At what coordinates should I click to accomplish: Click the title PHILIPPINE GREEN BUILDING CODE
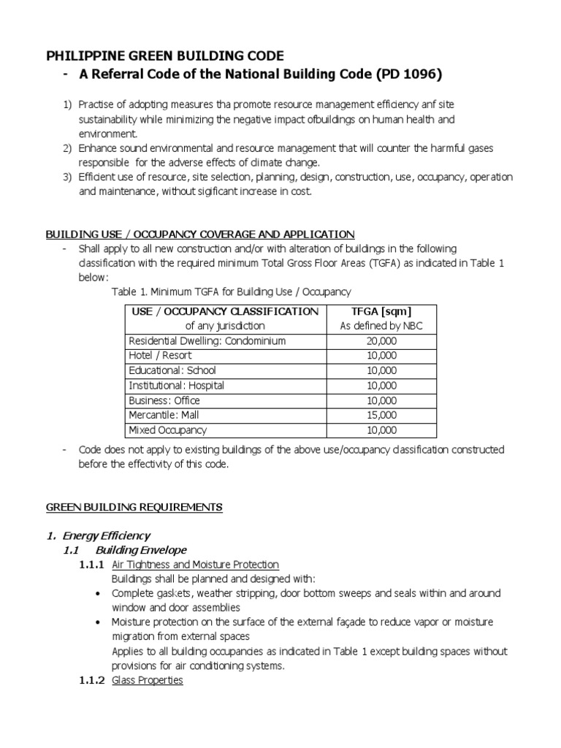click(x=165, y=56)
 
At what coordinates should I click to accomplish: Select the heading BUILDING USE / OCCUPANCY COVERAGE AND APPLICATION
click(x=200, y=234)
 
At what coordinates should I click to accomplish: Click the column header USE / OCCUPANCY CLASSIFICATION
click(x=224, y=312)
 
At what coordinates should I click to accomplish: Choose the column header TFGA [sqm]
click(x=381, y=312)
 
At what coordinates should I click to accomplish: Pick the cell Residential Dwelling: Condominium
click(x=207, y=341)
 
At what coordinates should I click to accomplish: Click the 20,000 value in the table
click(x=381, y=341)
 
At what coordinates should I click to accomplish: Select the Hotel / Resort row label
click(x=160, y=356)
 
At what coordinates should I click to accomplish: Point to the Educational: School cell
click(x=172, y=370)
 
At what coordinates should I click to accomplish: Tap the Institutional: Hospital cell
click(x=176, y=385)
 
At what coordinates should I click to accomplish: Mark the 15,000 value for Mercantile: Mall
click(x=381, y=415)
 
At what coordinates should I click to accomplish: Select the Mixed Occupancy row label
click(x=167, y=430)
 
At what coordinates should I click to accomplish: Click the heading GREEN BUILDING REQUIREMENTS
click(x=134, y=507)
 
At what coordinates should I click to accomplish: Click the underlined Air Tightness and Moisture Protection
click(x=195, y=565)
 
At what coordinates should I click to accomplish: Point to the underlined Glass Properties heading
click(x=147, y=680)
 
